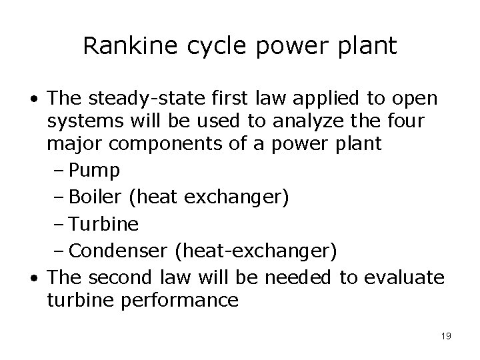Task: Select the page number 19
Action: [445, 335]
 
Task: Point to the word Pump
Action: [95, 171]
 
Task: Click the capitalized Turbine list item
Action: [104, 223]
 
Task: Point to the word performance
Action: [179, 300]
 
